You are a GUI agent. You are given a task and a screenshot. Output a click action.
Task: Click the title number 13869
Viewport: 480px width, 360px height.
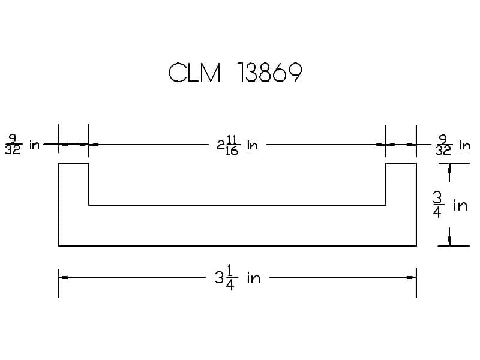click(269, 72)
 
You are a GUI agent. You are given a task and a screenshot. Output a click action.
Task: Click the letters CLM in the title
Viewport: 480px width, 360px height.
click(194, 73)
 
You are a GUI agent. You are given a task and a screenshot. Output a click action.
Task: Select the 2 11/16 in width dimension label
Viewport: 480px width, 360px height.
click(237, 145)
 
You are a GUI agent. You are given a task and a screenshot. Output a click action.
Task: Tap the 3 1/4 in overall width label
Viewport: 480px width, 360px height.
click(238, 278)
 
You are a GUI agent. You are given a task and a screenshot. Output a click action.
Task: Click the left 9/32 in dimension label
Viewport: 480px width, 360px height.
click(22, 144)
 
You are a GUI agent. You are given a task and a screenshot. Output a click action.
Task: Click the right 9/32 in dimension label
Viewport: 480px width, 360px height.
click(452, 145)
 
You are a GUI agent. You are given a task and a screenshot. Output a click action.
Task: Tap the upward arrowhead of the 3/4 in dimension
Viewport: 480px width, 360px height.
click(449, 168)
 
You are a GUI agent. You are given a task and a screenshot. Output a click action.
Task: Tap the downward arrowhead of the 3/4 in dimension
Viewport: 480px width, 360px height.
click(449, 241)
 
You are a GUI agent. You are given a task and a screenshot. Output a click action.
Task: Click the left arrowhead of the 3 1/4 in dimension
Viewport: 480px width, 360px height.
click(63, 278)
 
